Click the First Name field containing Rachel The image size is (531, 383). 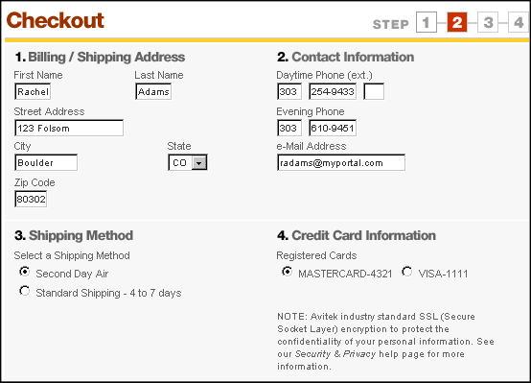(33, 91)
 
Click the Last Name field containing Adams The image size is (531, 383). (153, 91)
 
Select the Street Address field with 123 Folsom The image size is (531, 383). (69, 128)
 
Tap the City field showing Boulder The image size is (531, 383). (46, 162)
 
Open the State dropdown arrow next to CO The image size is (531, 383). (199, 163)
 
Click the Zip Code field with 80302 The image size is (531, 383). (31, 199)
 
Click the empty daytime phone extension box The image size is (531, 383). (374, 91)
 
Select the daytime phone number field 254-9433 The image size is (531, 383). (333, 91)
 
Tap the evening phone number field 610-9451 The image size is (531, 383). (333, 128)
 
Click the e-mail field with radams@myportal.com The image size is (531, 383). (341, 162)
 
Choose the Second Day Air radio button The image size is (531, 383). (24, 272)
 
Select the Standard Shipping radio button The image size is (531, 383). (24, 291)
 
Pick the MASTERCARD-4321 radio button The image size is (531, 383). (287, 272)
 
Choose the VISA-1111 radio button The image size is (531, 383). (407, 272)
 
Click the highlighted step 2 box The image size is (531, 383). (457, 22)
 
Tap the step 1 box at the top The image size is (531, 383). (427, 22)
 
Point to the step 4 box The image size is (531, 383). (519, 22)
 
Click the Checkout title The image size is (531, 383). (56, 20)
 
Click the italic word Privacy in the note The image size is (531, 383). (359, 354)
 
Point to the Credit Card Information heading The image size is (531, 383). (357, 235)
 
